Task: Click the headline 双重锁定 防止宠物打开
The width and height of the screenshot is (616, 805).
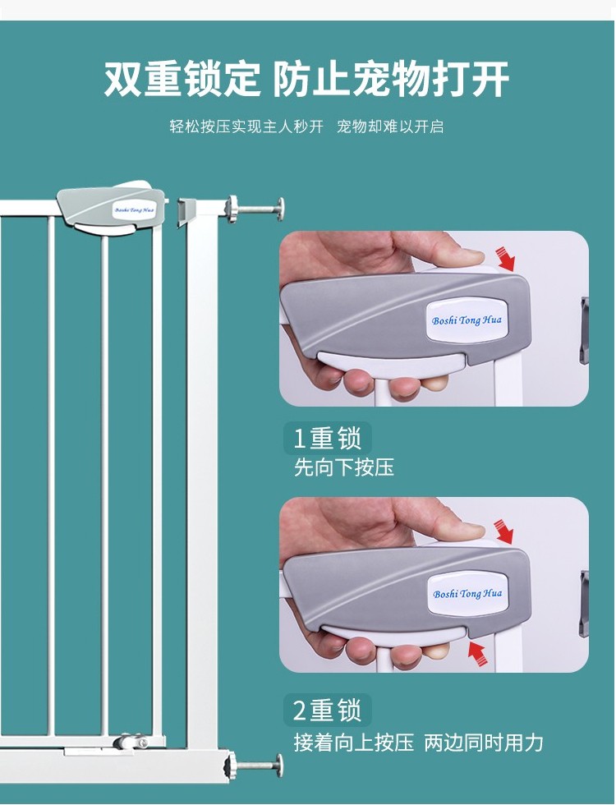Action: click(306, 79)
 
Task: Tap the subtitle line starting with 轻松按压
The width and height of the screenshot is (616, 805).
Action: click(306, 126)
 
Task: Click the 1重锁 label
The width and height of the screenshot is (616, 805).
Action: click(328, 439)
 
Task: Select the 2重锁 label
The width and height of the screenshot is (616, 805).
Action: click(328, 711)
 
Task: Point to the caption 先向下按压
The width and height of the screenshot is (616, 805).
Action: click(344, 467)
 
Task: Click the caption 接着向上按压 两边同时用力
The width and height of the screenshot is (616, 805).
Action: click(418, 743)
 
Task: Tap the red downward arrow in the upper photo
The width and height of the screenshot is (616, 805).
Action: click(505, 259)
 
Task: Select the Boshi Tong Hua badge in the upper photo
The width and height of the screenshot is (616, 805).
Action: click(467, 320)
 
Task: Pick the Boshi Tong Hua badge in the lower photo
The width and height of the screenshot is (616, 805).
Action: click(467, 593)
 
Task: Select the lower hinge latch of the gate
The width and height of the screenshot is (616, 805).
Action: click(132, 742)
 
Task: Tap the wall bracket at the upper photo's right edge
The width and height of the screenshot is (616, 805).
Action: click(584, 329)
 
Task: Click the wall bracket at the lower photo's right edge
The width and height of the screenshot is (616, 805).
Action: click(584, 603)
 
